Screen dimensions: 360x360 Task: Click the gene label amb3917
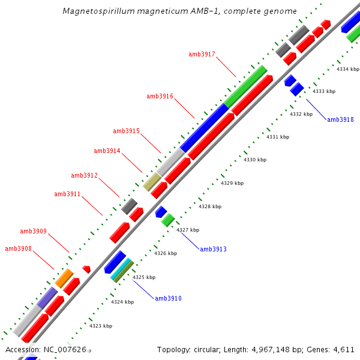(202, 54)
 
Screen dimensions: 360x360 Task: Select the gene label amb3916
(160, 96)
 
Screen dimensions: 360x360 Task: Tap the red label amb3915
(126, 131)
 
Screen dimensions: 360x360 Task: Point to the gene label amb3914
(107, 151)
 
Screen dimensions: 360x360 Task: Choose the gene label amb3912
(84, 175)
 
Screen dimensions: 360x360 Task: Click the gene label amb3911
(67, 194)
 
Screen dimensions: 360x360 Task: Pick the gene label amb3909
(33, 231)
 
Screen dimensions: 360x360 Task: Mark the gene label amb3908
(18, 248)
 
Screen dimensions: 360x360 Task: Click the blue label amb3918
(340, 119)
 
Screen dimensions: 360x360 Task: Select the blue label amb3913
(213, 249)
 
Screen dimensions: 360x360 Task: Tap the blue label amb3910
(168, 298)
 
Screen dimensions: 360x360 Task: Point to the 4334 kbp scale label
(347, 70)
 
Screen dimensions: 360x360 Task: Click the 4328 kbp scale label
(210, 206)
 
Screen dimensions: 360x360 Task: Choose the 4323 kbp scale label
(101, 326)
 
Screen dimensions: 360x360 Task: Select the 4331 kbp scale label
(278, 137)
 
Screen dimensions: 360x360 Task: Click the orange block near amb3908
(64, 278)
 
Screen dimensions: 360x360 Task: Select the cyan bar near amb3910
(121, 269)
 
